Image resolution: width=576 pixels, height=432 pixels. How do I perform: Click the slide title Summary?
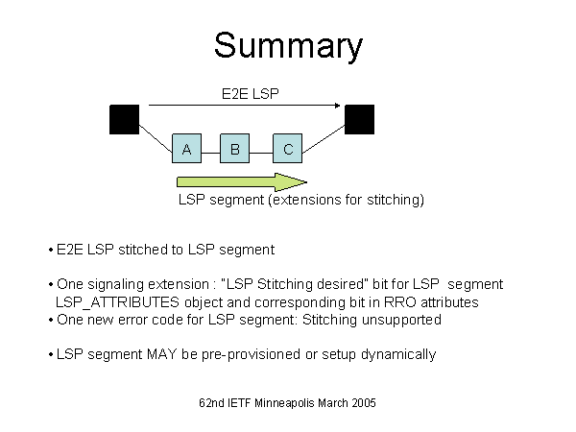point(288,46)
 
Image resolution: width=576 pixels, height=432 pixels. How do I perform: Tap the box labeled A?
point(186,149)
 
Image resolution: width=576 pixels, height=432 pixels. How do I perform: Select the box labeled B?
point(234,149)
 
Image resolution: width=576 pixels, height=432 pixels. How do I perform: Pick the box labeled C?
point(288,149)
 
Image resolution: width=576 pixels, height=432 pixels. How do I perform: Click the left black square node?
point(125,119)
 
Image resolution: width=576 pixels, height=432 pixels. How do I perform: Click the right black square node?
point(359,119)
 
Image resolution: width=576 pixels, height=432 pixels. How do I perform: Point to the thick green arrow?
point(240,181)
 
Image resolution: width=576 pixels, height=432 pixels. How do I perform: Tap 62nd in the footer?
point(201,403)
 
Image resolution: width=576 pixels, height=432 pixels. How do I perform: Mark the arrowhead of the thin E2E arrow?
point(340,105)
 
